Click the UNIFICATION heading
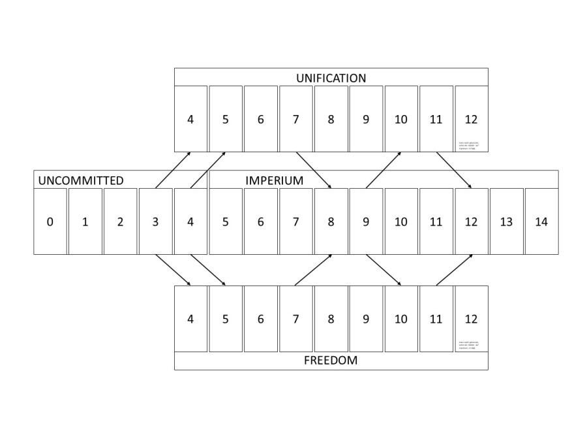[331, 78]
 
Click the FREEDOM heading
[331, 360]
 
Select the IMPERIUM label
[274, 180]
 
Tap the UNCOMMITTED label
[81, 180]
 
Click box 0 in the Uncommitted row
[50, 221]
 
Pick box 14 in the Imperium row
[541, 221]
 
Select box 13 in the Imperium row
[506, 221]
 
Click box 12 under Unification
[471, 119]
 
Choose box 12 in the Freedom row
[471, 319]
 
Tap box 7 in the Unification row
[295, 119]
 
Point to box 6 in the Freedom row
[260, 319]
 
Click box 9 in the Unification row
[366, 119]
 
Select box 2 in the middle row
[120, 221]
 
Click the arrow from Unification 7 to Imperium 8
[314, 171]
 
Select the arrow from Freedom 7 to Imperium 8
[314, 270]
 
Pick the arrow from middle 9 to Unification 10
[384, 171]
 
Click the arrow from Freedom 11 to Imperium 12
[454, 270]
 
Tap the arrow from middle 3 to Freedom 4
[173, 270]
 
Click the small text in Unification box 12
[467, 145]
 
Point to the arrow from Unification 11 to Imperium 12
[454, 171]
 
